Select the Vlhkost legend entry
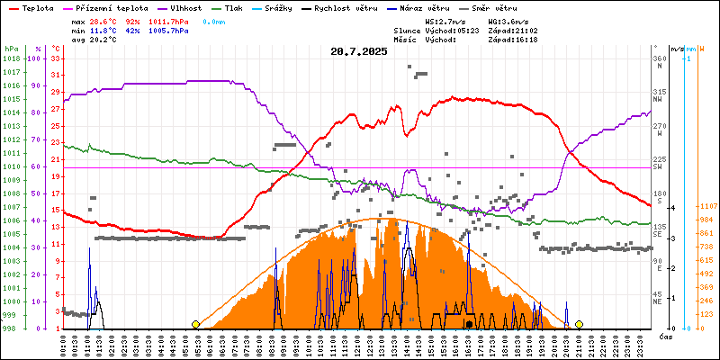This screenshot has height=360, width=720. click(x=185, y=6)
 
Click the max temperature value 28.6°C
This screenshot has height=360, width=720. click(x=109, y=20)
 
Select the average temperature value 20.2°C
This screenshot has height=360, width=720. click(x=109, y=40)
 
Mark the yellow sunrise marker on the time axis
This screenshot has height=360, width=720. click(x=195, y=324)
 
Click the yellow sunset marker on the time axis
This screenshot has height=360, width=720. click(x=579, y=324)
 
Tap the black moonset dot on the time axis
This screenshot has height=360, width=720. click(x=469, y=324)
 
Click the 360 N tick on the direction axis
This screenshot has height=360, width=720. click(x=659, y=62)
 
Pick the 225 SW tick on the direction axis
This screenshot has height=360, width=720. click(x=659, y=163)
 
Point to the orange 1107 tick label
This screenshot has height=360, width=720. click(x=706, y=206)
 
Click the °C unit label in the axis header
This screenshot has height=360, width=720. click(x=57, y=49)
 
